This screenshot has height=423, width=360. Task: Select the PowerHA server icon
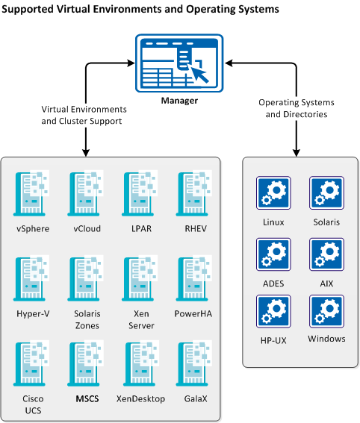coord(191,278)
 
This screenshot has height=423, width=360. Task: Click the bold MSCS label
coord(87,398)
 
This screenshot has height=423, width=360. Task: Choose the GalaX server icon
coord(191,363)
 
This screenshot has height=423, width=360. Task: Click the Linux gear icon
coord(273,192)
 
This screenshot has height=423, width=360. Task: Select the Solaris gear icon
coord(326,192)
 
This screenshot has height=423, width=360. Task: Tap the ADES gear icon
coord(273,254)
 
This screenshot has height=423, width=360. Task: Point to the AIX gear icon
coord(326,254)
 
